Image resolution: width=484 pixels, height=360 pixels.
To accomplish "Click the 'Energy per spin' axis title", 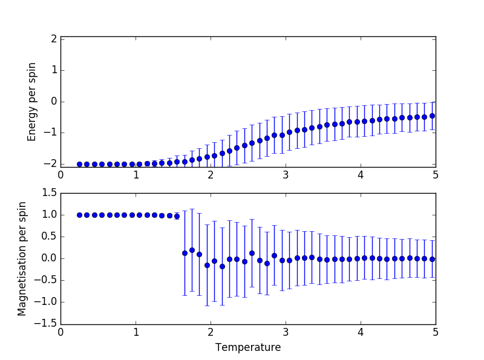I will point(33,101).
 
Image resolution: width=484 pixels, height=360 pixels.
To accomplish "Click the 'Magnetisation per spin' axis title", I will point(22,258).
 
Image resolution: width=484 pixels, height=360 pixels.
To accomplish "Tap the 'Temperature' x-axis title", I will point(248,347).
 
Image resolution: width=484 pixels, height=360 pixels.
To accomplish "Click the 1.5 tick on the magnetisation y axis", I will point(49,193).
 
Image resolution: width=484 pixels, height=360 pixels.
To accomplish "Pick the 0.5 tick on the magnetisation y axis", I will point(49,237).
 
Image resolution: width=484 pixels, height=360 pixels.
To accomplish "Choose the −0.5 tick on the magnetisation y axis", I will point(47,280).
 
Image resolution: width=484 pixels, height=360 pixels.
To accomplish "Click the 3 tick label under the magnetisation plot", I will point(286,332).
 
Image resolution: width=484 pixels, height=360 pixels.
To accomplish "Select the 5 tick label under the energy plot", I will point(436,175).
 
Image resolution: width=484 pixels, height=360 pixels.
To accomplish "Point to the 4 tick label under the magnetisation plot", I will point(361,332).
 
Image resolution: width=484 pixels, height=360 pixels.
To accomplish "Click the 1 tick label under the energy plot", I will point(136,175).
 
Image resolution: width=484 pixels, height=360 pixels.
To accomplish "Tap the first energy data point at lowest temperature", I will point(79,164).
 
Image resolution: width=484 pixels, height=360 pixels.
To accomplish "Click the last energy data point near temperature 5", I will point(432,116).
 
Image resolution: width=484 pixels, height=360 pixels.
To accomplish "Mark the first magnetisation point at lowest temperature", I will point(79,215).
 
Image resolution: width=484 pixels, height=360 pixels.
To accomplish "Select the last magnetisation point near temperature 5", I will point(432,259).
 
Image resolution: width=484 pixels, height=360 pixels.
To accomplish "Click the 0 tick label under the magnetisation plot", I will point(60,332).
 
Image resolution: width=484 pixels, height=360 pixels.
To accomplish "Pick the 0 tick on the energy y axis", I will point(54,101).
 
